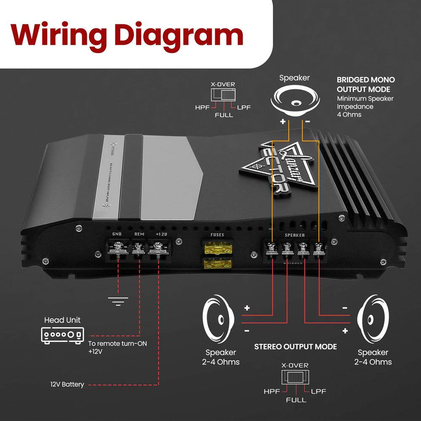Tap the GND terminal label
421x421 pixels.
pos(117,234)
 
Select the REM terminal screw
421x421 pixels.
pos(138,248)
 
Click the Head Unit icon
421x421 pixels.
pos(62,335)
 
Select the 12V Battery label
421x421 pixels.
pos(67,384)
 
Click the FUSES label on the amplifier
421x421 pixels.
pos(217,235)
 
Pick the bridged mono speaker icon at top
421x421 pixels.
pos(295,99)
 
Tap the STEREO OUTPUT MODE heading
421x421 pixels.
pos(296,346)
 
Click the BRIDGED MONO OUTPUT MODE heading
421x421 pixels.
pos(365,84)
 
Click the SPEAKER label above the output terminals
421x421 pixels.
pos(295,235)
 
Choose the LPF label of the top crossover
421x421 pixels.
pos(243,107)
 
